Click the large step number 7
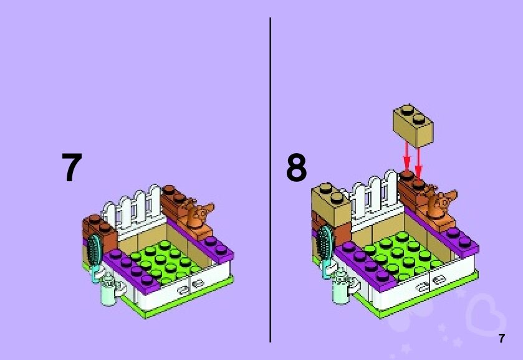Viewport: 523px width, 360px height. [x=72, y=168]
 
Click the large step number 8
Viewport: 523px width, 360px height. [x=297, y=168]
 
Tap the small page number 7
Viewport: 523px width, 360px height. [x=501, y=339]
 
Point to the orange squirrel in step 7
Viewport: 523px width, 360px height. [x=199, y=214]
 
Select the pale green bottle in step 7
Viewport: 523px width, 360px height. [x=110, y=289]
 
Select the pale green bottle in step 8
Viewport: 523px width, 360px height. [x=340, y=287]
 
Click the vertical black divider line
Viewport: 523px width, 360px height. [x=270, y=181]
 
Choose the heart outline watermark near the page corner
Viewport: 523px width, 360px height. [x=486, y=315]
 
